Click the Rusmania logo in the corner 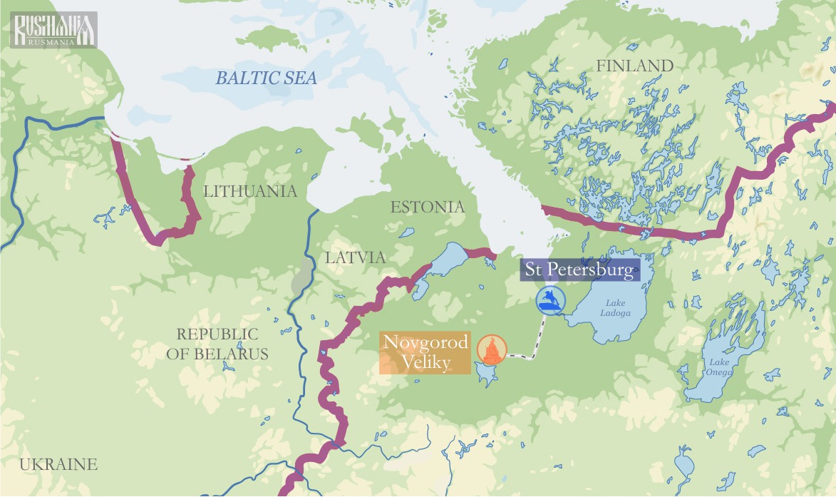point(53,30)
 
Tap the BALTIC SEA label point(267,78)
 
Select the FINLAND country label point(634,66)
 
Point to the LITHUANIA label point(249,191)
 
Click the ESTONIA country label point(427,207)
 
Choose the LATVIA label point(355,257)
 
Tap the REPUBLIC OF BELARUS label point(217,344)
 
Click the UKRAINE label point(58,465)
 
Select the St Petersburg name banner point(579,271)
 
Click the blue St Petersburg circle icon point(550,300)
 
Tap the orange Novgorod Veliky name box point(425,352)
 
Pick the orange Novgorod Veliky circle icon point(492,349)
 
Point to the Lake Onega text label point(719,367)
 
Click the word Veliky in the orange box point(425,363)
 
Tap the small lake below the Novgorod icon point(487,373)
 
